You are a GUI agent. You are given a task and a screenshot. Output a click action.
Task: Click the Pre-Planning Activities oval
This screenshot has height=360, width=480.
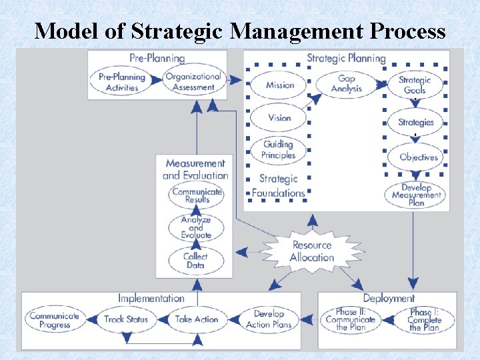122,82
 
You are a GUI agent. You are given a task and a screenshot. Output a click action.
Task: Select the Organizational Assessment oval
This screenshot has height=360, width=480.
193,82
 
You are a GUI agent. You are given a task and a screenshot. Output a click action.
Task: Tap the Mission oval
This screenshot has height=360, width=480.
279,85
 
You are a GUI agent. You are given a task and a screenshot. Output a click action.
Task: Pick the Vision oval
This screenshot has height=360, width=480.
279,118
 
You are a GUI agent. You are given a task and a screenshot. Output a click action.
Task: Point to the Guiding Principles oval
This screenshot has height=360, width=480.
279,150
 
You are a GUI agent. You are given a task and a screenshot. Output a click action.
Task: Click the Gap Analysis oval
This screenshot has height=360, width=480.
346,84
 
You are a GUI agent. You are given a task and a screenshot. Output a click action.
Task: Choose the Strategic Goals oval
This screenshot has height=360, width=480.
415,85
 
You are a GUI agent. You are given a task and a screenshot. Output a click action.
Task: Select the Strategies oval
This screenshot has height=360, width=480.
415,122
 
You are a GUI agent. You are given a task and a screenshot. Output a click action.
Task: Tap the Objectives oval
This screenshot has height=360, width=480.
418,157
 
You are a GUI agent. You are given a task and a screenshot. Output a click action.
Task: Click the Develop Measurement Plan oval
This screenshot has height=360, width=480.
417,195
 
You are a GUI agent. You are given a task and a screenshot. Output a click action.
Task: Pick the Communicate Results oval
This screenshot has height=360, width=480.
197,195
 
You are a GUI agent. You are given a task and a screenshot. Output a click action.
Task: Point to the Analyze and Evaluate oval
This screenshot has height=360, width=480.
196,227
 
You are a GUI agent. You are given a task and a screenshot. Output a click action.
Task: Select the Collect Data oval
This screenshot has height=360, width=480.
195,260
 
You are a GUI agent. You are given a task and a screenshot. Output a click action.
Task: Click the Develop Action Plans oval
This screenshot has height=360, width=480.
269,319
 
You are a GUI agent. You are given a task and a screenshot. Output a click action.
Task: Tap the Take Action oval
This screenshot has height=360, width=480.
196,319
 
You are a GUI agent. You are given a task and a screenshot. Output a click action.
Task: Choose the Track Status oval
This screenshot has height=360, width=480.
125,319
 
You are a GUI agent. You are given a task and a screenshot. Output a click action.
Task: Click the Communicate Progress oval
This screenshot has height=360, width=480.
55,320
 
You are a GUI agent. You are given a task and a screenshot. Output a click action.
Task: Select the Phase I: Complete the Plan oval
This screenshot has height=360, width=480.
425,320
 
